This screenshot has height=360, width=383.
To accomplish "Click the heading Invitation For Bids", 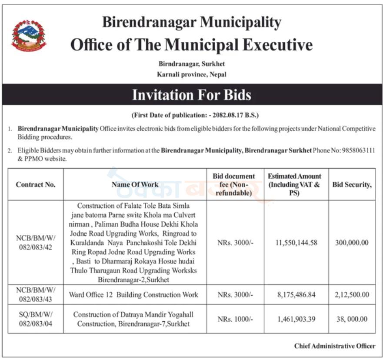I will point(191,95).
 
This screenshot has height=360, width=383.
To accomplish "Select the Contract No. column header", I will point(36,184).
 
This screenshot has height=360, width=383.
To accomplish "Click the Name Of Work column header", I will point(135,184).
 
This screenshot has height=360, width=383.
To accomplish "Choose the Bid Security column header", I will point(352,184).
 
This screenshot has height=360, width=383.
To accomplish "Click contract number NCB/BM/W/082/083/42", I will point(36,243).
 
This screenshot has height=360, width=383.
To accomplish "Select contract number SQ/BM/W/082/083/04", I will point(36,319).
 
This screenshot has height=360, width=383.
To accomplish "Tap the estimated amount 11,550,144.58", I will point(296,243).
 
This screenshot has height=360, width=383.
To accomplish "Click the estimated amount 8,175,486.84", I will point(296,295).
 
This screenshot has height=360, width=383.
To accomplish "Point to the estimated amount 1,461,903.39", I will point(296,319).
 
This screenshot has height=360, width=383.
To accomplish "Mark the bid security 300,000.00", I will point(352,243).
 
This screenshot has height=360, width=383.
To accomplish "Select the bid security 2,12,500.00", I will point(352,295).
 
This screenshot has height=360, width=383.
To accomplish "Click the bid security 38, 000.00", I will point(352,319).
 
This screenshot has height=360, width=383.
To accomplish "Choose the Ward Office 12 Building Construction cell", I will point(133,295).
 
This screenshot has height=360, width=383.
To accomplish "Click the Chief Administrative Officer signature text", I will point(334,346).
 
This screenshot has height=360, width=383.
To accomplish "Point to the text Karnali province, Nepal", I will point(191,74).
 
